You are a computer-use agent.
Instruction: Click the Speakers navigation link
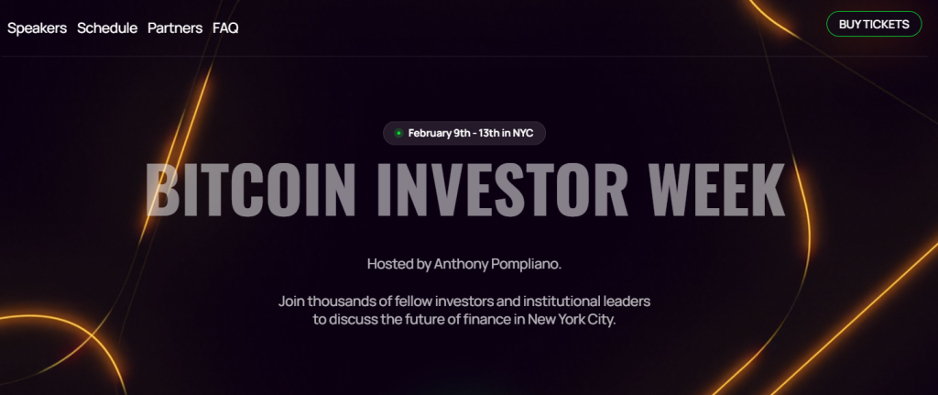click(x=37, y=27)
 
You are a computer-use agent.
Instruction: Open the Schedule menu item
click(x=107, y=27)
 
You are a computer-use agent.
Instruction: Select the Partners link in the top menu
click(x=175, y=27)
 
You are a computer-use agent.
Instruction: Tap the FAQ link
click(x=225, y=27)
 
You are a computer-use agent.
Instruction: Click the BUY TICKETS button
click(x=873, y=25)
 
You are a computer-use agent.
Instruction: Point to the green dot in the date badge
click(x=398, y=134)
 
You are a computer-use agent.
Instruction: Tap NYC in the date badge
click(x=522, y=134)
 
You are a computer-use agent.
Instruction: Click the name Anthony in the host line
click(x=464, y=264)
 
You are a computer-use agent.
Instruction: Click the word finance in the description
click(x=488, y=321)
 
